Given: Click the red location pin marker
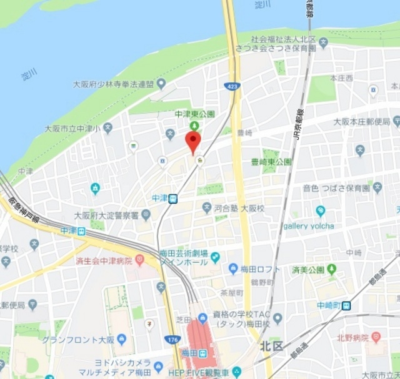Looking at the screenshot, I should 193,141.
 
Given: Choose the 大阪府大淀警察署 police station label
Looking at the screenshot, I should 106,215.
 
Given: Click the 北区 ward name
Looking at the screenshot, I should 272,345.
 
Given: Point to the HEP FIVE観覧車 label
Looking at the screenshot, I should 197,372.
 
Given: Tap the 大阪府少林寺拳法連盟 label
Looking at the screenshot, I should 113,83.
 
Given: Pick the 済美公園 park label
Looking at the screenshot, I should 308,270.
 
